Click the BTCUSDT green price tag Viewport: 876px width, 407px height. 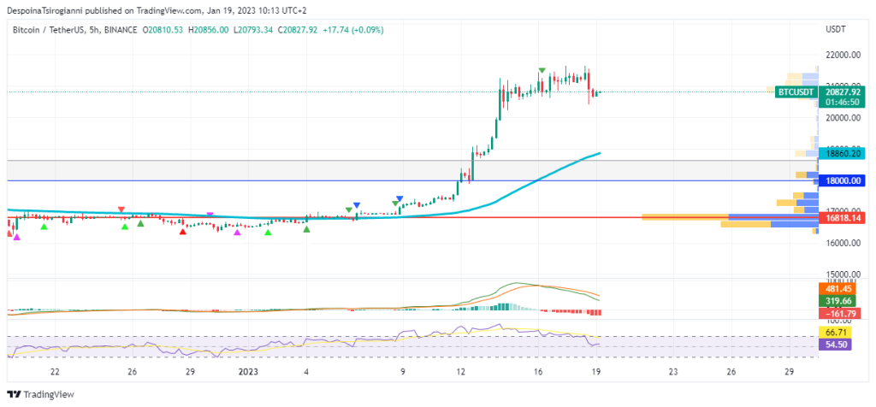pos(795,91)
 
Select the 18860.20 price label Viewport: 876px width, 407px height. pos(843,153)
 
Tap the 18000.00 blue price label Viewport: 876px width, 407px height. pos(843,180)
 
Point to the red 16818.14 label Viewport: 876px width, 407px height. pos(843,218)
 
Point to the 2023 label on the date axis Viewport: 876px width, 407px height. pos(248,372)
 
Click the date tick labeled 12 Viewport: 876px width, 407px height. pos(460,372)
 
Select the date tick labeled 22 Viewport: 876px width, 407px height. pos(55,372)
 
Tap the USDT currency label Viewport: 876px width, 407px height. pos(835,29)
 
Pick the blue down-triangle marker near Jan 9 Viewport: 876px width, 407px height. pos(399,199)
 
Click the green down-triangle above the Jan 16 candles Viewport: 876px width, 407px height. pos(542,70)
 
